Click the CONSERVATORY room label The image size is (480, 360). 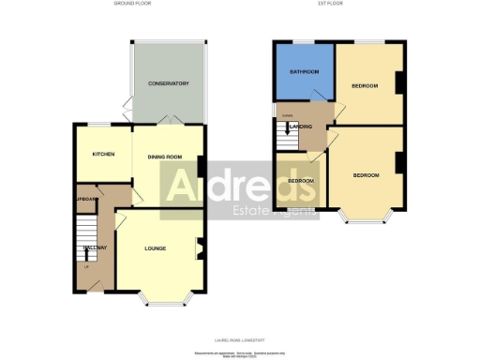point(169,84)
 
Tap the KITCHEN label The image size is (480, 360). point(103,154)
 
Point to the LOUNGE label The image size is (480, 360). point(156,248)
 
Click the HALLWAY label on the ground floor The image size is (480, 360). point(95,247)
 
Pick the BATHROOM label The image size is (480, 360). point(304,72)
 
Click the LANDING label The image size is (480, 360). point(301,125)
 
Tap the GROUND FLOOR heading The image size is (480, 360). point(133,4)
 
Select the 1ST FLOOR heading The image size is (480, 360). point(337,4)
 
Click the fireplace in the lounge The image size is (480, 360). point(199,249)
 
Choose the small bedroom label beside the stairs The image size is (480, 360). point(300,180)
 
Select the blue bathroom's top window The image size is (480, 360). point(303,42)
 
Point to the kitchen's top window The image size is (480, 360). point(97,124)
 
